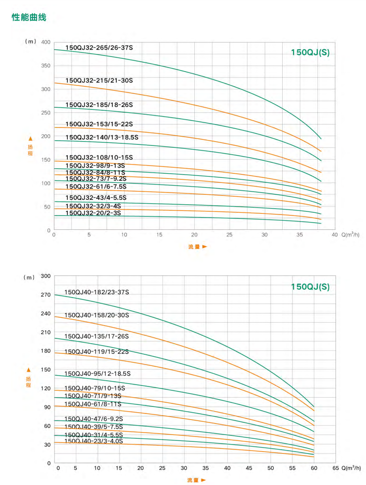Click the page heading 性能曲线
(x=29, y=17)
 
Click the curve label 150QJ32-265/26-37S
(x=99, y=48)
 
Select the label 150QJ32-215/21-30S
(x=99, y=80)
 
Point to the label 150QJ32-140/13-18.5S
(x=102, y=137)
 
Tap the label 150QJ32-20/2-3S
(x=93, y=213)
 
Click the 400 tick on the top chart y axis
(x=46, y=42)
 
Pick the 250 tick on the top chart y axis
(x=46, y=113)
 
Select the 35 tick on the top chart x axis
(x=299, y=235)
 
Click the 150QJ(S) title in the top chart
(x=310, y=53)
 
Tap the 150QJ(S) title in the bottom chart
(x=310, y=287)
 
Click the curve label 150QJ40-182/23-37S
(x=97, y=292)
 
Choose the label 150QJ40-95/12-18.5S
(x=97, y=374)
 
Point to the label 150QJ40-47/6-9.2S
(x=94, y=419)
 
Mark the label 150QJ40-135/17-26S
(x=97, y=337)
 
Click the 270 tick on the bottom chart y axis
(x=46, y=295)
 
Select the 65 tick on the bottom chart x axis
(x=335, y=468)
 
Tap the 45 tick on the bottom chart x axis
(x=249, y=468)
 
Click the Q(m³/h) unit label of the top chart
(x=350, y=235)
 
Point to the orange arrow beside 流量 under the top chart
(x=205, y=247)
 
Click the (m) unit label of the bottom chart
(x=29, y=277)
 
